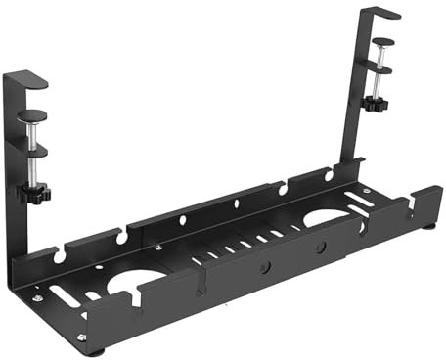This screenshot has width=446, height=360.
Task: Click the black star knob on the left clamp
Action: [31, 193]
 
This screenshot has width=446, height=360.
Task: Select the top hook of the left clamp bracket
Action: [26, 78]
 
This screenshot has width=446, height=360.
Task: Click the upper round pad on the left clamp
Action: [33, 114]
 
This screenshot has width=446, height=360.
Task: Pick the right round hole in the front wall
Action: [320, 247]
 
